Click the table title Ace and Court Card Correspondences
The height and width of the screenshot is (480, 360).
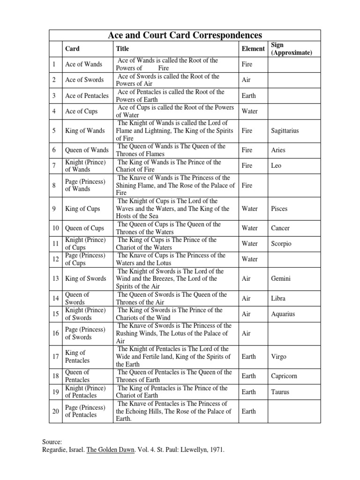185,35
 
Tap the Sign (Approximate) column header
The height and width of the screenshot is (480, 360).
291,49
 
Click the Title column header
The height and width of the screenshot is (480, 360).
122,48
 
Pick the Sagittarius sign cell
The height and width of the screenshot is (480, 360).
285,131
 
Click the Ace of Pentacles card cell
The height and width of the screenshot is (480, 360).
87,96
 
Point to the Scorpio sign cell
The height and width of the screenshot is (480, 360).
281,244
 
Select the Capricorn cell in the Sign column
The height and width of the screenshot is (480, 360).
284,376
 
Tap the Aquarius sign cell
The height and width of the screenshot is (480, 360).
283,314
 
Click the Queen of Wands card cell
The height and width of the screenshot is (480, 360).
87,150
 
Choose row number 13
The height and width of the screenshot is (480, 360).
55,278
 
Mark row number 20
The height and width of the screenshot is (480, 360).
55,411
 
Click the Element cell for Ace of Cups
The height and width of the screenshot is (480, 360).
249,112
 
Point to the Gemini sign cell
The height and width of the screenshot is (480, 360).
281,278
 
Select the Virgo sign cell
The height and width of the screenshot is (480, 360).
279,356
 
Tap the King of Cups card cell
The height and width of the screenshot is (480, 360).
82,209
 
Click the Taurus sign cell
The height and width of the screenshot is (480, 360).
280,392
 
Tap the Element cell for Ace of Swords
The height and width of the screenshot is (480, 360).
246,80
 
